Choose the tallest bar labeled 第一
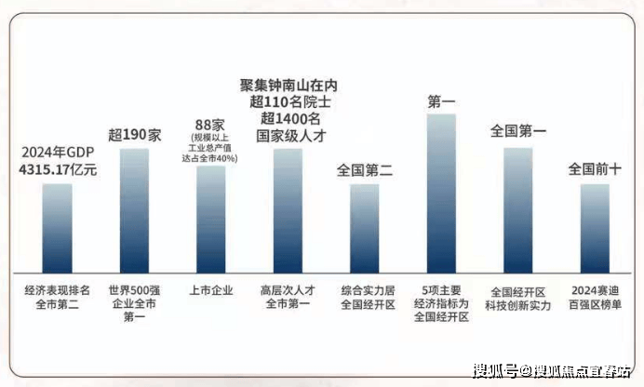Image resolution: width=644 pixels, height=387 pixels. click(441, 192)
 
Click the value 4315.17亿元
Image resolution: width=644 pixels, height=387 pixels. click(58, 170)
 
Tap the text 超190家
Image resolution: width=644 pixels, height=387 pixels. click(135, 133)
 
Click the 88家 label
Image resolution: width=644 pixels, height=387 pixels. click(210, 125)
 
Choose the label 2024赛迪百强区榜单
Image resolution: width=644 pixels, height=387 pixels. click(596, 297)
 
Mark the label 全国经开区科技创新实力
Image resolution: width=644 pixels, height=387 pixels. click(519, 297)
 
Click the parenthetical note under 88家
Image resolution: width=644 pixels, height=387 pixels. click(210, 148)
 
